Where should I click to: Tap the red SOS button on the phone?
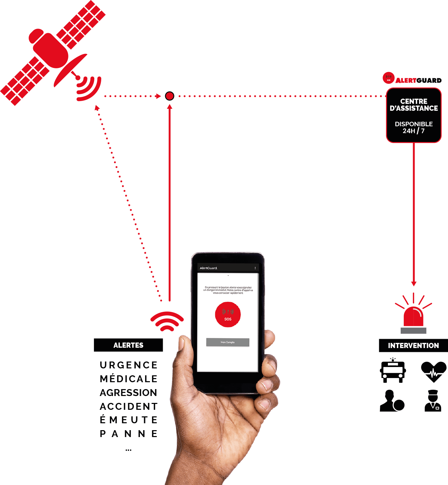click(x=228, y=314)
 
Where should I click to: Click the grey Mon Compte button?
click(x=228, y=342)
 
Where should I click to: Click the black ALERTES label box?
click(x=128, y=345)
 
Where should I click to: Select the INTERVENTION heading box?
click(x=413, y=345)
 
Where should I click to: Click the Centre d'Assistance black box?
click(x=413, y=115)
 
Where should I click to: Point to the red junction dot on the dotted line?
click(x=169, y=96)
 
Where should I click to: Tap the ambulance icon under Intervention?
click(x=393, y=370)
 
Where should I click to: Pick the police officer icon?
click(x=433, y=401)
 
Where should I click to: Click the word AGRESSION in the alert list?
click(x=128, y=393)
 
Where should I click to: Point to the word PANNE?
click(x=128, y=434)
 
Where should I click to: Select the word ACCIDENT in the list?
click(x=128, y=406)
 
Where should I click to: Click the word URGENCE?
click(x=128, y=365)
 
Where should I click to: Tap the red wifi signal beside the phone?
click(x=167, y=321)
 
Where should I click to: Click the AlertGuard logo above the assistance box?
click(x=412, y=79)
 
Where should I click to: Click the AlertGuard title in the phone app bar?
click(x=209, y=268)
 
